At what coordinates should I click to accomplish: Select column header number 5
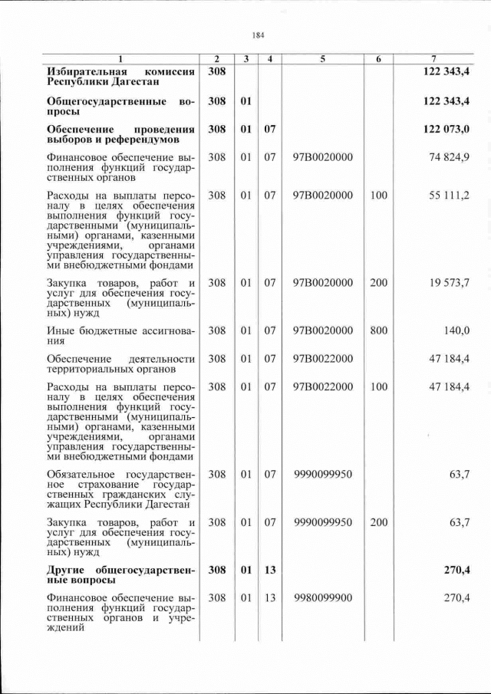click(322, 59)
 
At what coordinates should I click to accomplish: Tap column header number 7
click(434, 59)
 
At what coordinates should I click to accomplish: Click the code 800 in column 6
click(378, 331)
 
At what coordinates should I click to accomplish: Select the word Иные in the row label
click(61, 331)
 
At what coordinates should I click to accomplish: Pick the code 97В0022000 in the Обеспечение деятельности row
click(322, 359)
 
